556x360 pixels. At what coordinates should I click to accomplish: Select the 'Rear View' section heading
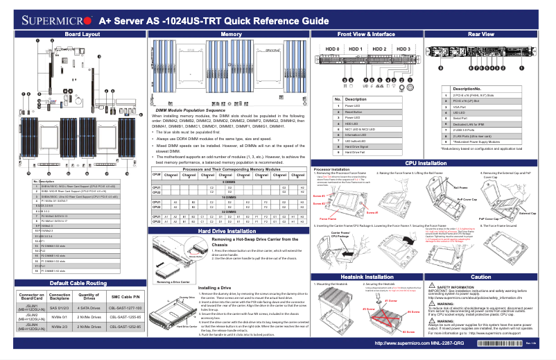[481, 34]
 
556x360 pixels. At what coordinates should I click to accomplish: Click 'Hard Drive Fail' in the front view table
[366, 153]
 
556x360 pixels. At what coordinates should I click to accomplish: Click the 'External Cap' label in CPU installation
[528, 213]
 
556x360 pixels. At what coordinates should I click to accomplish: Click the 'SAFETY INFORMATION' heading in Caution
[459, 286]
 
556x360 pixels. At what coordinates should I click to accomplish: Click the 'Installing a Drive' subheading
[214, 286]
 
